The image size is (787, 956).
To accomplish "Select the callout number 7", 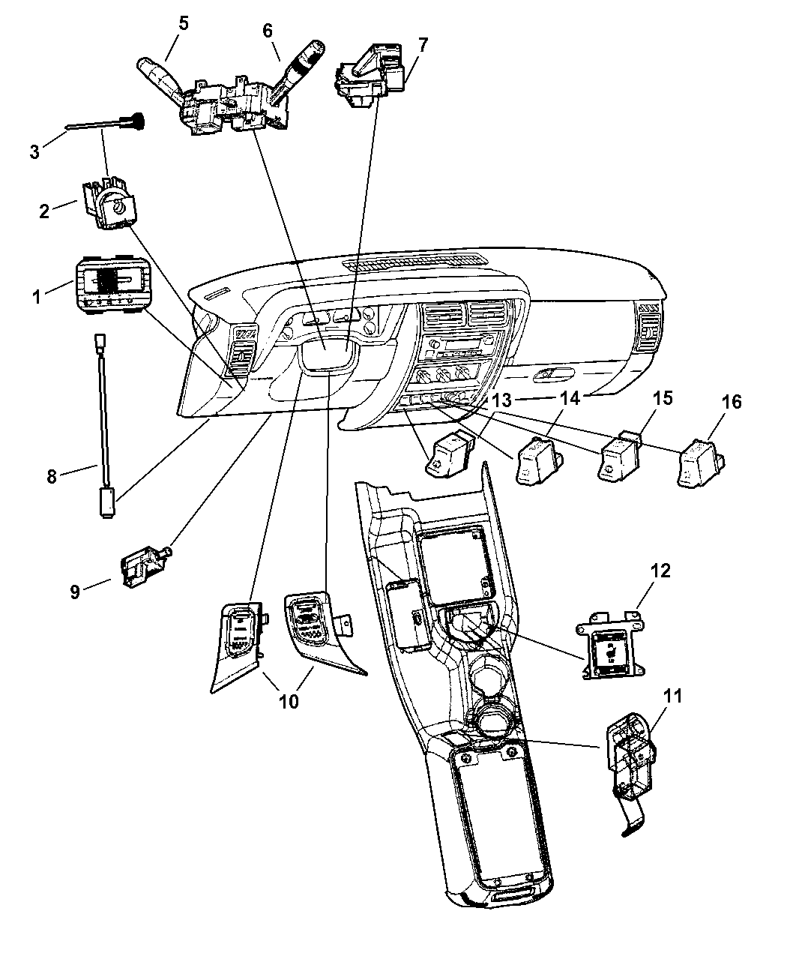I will point(423,44).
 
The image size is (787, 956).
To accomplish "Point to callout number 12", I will point(639,571).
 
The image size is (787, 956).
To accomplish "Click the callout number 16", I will point(732,403).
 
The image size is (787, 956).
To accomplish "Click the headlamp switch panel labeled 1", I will point(112,287).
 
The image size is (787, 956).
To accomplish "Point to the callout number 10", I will point(289,702).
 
